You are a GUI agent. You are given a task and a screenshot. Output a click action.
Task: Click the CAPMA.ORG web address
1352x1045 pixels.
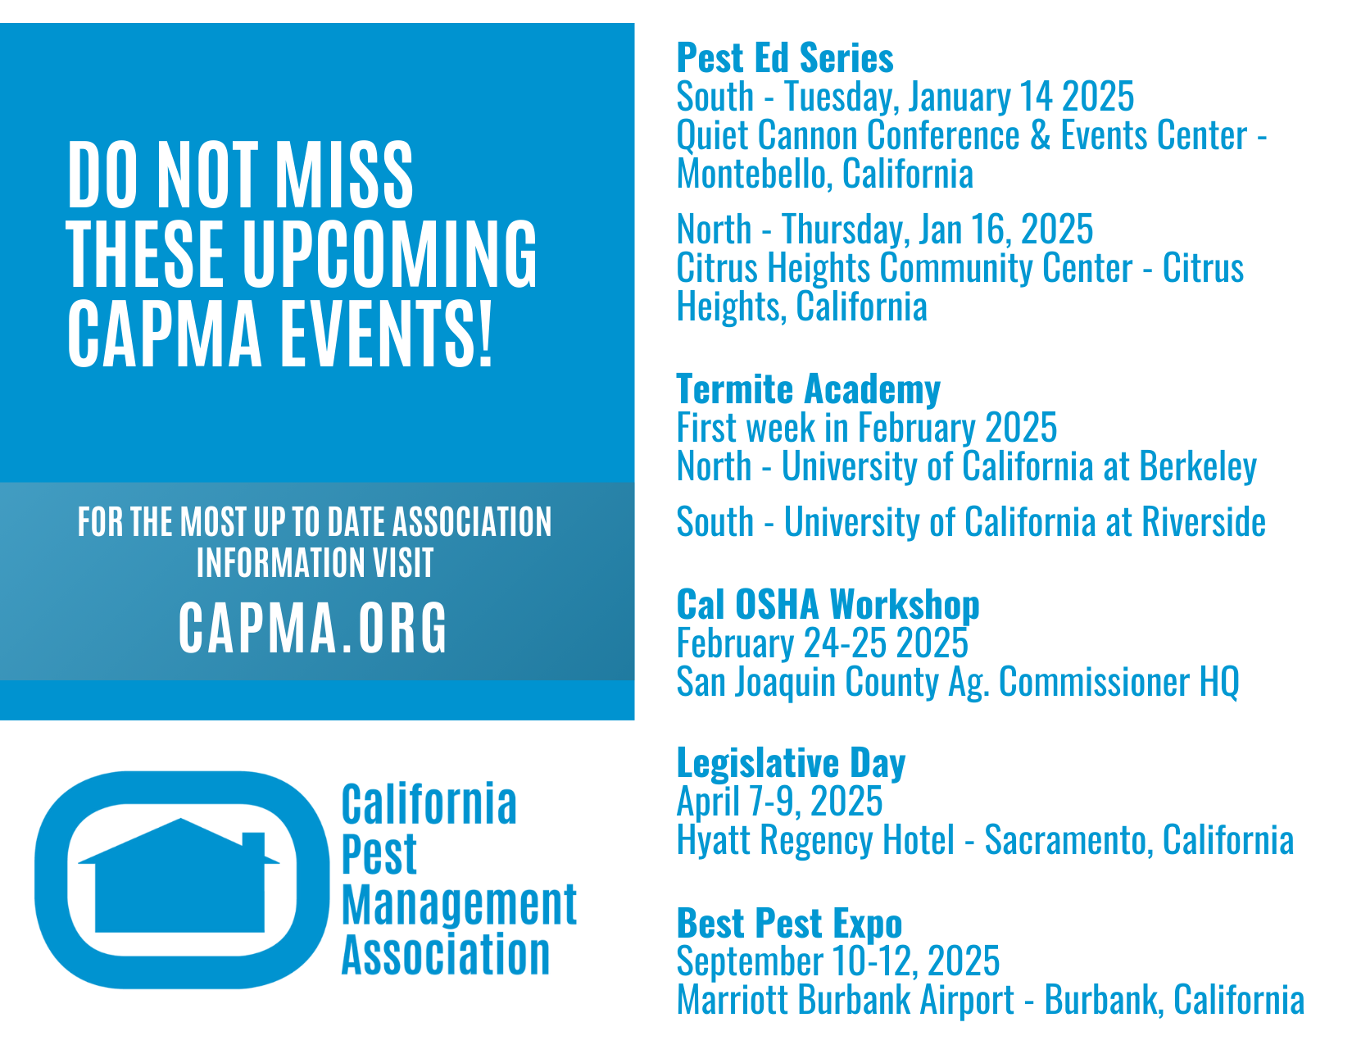coord(312,627)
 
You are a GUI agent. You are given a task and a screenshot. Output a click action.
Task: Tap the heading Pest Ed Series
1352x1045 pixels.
coord(785,58)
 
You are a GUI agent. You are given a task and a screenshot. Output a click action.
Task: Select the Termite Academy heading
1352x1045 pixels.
coord(808,389)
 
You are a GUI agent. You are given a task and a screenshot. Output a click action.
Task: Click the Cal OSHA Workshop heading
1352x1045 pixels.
coord(828,604)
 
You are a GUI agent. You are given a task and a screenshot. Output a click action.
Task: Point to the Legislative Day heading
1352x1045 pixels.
coord(791,762)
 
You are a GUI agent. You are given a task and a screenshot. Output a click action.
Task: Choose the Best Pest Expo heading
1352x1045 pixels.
coord(789,923)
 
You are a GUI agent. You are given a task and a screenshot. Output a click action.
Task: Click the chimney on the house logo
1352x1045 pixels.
coord(252,847)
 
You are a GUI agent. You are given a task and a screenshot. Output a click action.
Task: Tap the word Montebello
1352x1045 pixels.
coord(754,174)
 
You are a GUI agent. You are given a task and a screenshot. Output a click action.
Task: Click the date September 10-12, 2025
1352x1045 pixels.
coord(838,961)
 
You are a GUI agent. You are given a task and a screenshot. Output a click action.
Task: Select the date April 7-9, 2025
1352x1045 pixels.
coord(779,801)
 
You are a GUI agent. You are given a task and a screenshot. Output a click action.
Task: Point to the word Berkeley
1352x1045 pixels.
coord(1198,467)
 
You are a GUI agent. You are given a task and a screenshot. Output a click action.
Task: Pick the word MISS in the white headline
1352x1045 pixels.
coord(343,175)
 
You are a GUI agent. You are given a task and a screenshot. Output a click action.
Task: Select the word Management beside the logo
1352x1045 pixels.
coord(459,905)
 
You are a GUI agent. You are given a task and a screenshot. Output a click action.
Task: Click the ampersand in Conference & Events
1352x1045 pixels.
coord(1040,135)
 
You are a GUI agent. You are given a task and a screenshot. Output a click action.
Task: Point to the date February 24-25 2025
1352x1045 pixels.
coord(822,643)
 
